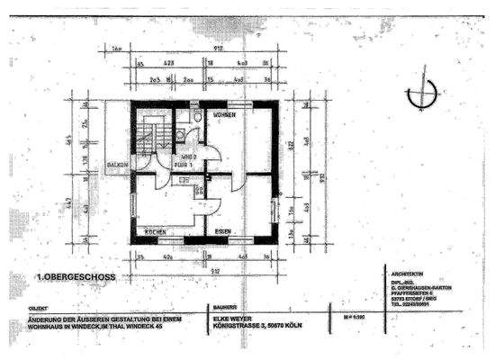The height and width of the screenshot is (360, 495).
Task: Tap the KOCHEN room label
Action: point(155,232)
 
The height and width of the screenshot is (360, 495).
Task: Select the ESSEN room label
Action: point(223,232)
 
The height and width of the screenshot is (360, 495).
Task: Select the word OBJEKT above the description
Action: point(40,307)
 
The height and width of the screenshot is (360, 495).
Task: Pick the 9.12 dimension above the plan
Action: point(207,50)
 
